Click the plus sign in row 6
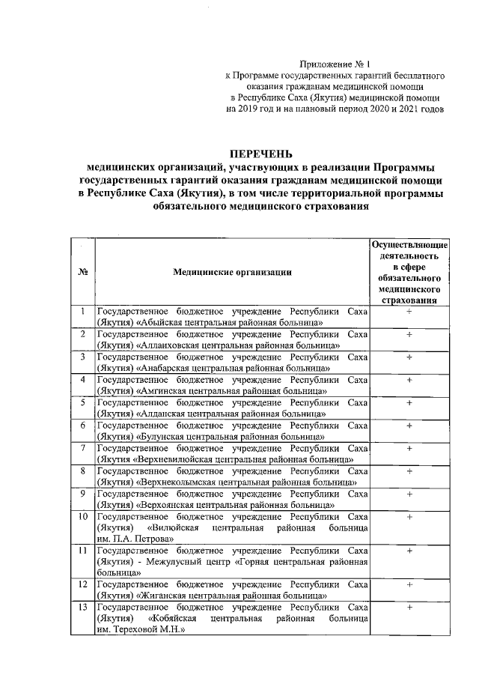point(409,426)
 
